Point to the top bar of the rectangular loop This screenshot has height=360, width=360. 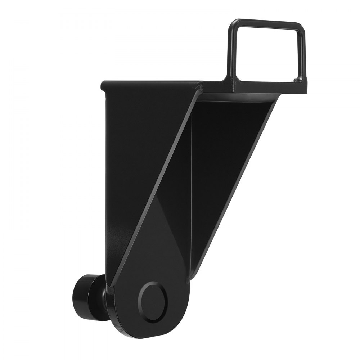[266, 23]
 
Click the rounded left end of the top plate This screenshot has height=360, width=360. [104, 85]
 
